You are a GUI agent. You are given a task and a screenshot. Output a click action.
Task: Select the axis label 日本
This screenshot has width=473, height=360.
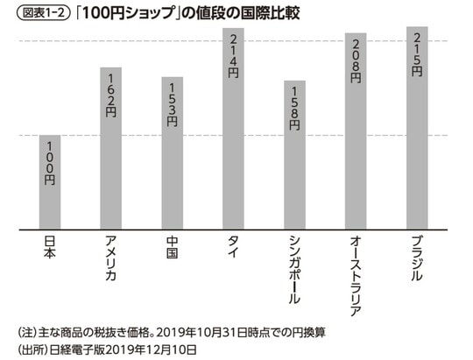(49, 248)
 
